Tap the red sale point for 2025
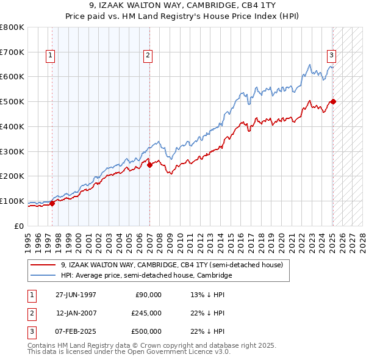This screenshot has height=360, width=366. click(333, 101)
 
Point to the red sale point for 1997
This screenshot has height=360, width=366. click(52, 203)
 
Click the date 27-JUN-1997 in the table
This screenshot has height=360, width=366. click(76, 295)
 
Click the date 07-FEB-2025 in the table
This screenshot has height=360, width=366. click(76, 331)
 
